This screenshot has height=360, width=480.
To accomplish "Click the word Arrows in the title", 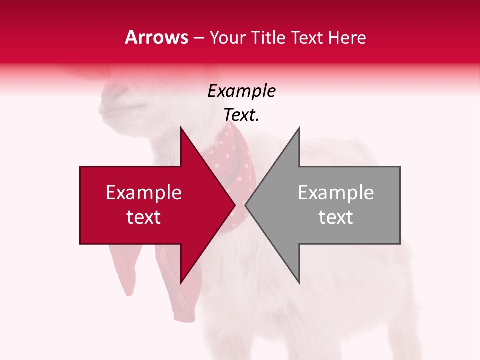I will (x=156, y=37).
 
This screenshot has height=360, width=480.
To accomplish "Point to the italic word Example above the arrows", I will (x=242, y=91).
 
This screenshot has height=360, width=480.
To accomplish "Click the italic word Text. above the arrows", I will (x=242, y=115).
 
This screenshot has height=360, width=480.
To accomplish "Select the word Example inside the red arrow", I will (x=144, y=193).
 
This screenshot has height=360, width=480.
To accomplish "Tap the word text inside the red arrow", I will (x=144, y=217).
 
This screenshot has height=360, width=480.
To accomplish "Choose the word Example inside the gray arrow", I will (x=336, y=193).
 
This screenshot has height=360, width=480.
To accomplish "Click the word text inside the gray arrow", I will (x=336, y=217).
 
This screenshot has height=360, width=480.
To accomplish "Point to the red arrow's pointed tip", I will (x=234, y=205).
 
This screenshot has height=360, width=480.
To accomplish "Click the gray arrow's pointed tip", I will (x=246, y=205).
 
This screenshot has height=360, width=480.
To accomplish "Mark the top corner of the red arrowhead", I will (x=181, y=128).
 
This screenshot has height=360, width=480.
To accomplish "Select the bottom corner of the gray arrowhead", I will (x=299, y=283).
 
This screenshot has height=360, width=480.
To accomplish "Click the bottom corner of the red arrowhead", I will (x=181, y=283).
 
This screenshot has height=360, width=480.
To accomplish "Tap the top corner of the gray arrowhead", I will (x=299, y=128).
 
